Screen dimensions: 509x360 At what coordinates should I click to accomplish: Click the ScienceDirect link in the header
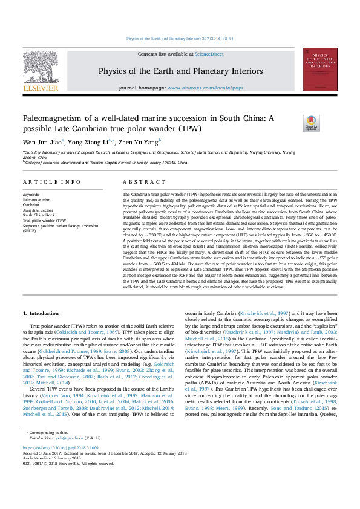(x=210, y=54)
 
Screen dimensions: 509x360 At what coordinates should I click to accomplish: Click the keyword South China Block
(x=39, y=215)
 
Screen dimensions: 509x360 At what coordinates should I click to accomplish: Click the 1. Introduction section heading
(x=41, y=313)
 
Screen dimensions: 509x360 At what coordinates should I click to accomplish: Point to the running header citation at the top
(x=180, y=39)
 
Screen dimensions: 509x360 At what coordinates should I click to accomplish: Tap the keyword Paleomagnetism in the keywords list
(x=37, y=199)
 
